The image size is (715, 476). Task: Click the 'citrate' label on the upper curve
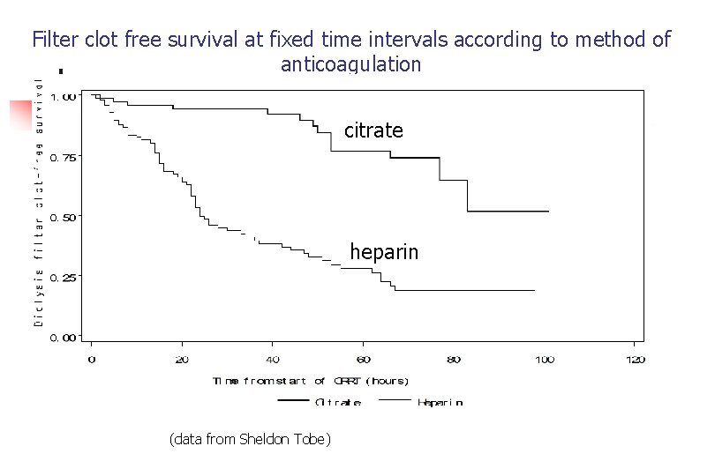pyautogui.click(x=373, y=130)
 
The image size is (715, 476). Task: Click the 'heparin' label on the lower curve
pyautogui.click(x=384, y=252)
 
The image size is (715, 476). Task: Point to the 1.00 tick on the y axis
pyautogui.click(x=64, y=97)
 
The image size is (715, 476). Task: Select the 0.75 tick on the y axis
pyautogui.click(x=64, y=157)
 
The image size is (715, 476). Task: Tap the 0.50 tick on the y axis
pyautogui.click(x=64, y=217)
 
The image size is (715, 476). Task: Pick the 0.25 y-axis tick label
pyautogui.click(x=64, y=277)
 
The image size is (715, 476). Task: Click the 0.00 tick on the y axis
pyautogui.click(x=64, y=337)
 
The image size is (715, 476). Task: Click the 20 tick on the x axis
pyautogui.click(x=182, y=360)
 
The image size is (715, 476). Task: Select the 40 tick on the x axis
pyautogui.click(x=273, y=360)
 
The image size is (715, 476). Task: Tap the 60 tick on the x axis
pyautogui.click(x=363, y=360)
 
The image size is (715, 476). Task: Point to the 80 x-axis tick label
pyautogui.click(x=454, y=360)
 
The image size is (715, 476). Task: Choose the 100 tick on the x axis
pyautogui.click(x=544, y=360)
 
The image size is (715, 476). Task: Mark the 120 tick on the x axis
pyautogui.click(x=635, y=360)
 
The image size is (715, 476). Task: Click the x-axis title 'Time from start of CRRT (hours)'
pyautogui.click(x=311, y=381)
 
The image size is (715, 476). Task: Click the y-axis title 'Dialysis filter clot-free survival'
pyautogui.click(x=39, y=201)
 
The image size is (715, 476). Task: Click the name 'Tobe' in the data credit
pyautogui.click(x=312, y=439)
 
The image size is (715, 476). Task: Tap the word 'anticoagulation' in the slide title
pyautogui.click(x=350, y=64)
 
